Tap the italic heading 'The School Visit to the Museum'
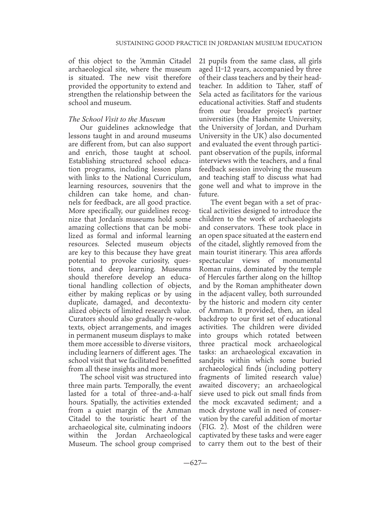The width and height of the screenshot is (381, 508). pos(117,119)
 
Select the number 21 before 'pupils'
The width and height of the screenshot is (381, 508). pos(202,61)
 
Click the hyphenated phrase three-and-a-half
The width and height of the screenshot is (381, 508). pos(163,394)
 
